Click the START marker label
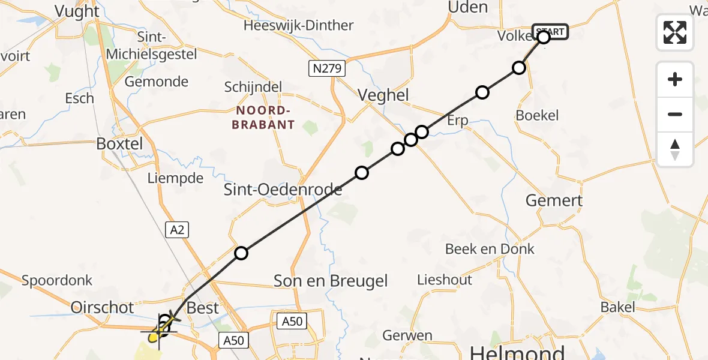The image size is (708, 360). tap(550, 31)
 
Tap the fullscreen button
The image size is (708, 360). tap(675, 32)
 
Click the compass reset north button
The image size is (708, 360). tap(675, 149)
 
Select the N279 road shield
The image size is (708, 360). tap(328, 68)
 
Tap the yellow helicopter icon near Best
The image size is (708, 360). tap(162, 328)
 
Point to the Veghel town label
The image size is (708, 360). tap(383, 95)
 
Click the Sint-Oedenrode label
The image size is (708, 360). tap(283, 190)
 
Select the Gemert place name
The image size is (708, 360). tap(554, 200)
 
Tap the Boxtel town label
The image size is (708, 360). tap(120, 144)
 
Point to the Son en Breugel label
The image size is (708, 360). tap(331, 280)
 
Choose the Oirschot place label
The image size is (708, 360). tap(103, 307)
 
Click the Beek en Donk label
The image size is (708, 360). tap(490, 248)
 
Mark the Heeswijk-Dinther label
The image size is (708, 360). tap(298, 26)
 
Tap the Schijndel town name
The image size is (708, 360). tap(253, 87)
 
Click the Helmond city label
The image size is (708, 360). tap(517, 352)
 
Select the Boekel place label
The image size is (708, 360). tap(537, 115)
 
